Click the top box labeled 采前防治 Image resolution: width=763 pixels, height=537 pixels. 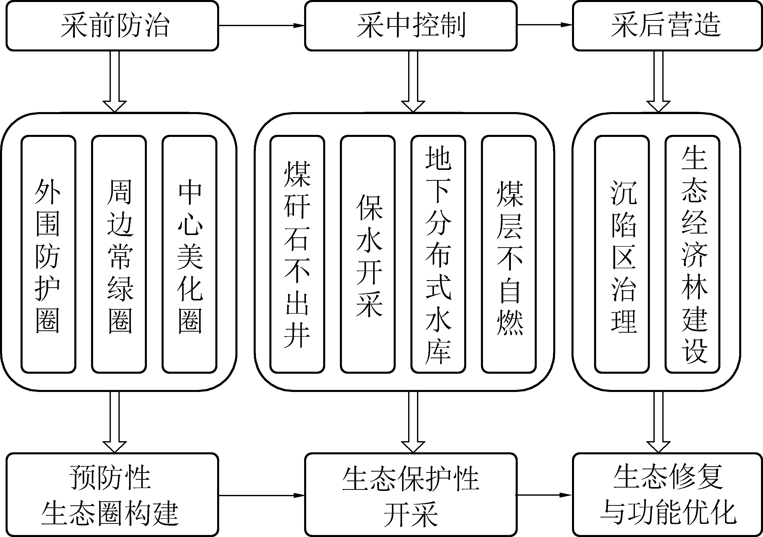click(112, 26)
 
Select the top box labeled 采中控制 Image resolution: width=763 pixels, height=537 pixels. click(411, 26)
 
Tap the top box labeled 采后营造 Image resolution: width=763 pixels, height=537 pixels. click(667, 26)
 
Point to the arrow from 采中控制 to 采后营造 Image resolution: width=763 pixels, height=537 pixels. click(545, 25)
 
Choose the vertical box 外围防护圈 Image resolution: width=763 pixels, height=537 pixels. click(48, 254)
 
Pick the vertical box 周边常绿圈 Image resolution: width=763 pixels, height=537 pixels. click(119, 254)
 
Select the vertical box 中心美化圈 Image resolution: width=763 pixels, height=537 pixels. click(189, 254)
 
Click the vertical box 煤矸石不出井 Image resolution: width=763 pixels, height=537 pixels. click(297, 254)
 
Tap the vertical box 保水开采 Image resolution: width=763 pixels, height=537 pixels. click(368, 254)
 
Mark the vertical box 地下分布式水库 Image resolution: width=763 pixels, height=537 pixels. click(438, 254)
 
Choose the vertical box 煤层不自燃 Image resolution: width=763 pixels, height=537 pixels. click(509, 254)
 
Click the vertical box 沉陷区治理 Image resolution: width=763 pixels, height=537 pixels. click(622, 254)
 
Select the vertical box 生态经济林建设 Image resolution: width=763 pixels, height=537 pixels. click(692, 254)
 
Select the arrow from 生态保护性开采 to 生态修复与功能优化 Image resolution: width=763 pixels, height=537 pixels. click(545, 495)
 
